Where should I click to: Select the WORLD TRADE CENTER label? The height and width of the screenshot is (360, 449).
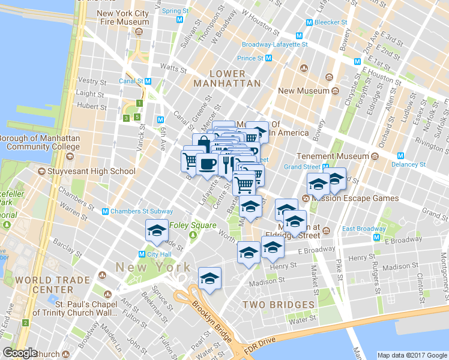pos(44,285)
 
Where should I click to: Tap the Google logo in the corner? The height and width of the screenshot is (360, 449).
pos(20,353)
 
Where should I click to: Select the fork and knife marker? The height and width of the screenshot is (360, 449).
pos(226,163)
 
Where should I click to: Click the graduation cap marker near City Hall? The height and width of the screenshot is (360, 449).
pos(157,231)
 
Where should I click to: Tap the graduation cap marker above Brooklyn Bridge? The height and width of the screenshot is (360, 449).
pos(209,278)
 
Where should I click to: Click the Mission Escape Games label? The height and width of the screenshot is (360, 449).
pos(358,198)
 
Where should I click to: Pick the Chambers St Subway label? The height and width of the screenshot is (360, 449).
pos(141,211)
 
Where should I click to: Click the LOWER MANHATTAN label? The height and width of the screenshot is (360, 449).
pos(228,78)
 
